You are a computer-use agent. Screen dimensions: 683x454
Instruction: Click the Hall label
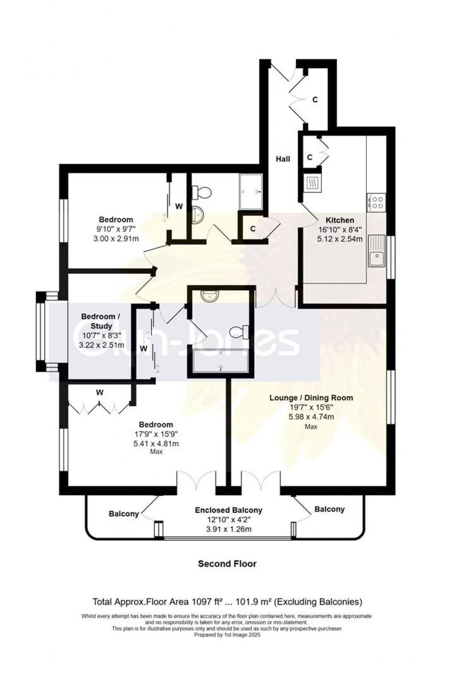(283, 159)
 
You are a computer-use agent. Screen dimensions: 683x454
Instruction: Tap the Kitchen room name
(340, 220)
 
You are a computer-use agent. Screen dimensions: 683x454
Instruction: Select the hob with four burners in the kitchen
(377, 203)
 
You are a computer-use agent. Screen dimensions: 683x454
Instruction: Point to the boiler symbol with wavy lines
(312, 183)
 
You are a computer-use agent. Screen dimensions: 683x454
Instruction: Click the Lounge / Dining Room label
(311, 398)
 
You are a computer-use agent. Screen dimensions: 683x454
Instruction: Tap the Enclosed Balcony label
(228, 510)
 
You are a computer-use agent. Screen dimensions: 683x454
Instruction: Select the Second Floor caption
(227, 564)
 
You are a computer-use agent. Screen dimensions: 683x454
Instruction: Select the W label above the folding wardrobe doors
(100, 392)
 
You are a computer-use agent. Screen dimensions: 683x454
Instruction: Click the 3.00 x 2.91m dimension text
(116, 238)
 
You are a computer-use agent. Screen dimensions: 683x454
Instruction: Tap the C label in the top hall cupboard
(315, 100)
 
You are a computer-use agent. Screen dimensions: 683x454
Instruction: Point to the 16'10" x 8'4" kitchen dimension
(340, 230)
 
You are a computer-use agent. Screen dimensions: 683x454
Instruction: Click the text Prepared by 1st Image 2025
(227, 635)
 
